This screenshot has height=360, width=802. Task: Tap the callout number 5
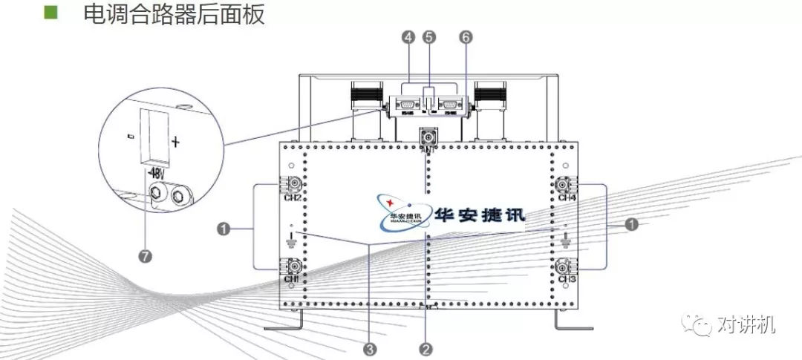(x=429, y=36)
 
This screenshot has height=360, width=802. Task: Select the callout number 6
(x=466, y=36)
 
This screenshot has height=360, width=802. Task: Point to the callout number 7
(x=146, y=256)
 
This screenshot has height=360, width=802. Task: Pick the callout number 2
(x=426, y=347)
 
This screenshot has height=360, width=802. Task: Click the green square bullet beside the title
(x=50, y=13)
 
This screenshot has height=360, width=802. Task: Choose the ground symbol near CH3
(x=566, y=240)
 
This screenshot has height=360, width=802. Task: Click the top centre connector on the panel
(x=428, y=137)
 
